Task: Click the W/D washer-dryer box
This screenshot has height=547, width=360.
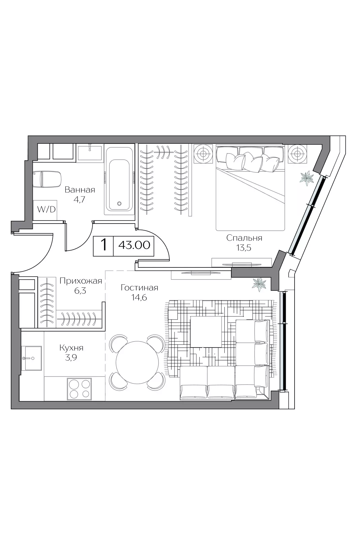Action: click(45, 210)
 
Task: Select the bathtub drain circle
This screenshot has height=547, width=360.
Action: click(119, 203)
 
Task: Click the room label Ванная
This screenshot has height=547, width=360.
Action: click(80, 190)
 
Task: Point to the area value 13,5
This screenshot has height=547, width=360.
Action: click(244, 248)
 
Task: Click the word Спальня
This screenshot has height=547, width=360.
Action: click(244, 238)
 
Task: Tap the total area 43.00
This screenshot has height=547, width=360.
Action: click(134, 245)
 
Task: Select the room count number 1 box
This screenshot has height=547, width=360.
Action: click(104, 246)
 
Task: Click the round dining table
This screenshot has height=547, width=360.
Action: click(137, 362)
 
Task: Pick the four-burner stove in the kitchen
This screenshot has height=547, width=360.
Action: click(79, 389)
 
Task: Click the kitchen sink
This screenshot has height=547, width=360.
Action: click(31, 358)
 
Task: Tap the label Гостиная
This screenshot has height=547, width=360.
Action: click(139, 288)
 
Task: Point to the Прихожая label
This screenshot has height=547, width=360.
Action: click(81, 281)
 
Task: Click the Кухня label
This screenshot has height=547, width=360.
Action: click(71, 347)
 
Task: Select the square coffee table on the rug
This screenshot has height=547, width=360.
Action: click(206, 332)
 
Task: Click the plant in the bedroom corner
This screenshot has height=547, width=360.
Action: click(307, 178)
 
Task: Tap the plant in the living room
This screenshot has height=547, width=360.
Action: click(259, 284)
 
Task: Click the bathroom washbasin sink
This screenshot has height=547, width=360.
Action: click(89, 153)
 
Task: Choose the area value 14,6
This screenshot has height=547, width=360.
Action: click(139, 298)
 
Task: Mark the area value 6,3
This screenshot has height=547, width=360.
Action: click(80, 291)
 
